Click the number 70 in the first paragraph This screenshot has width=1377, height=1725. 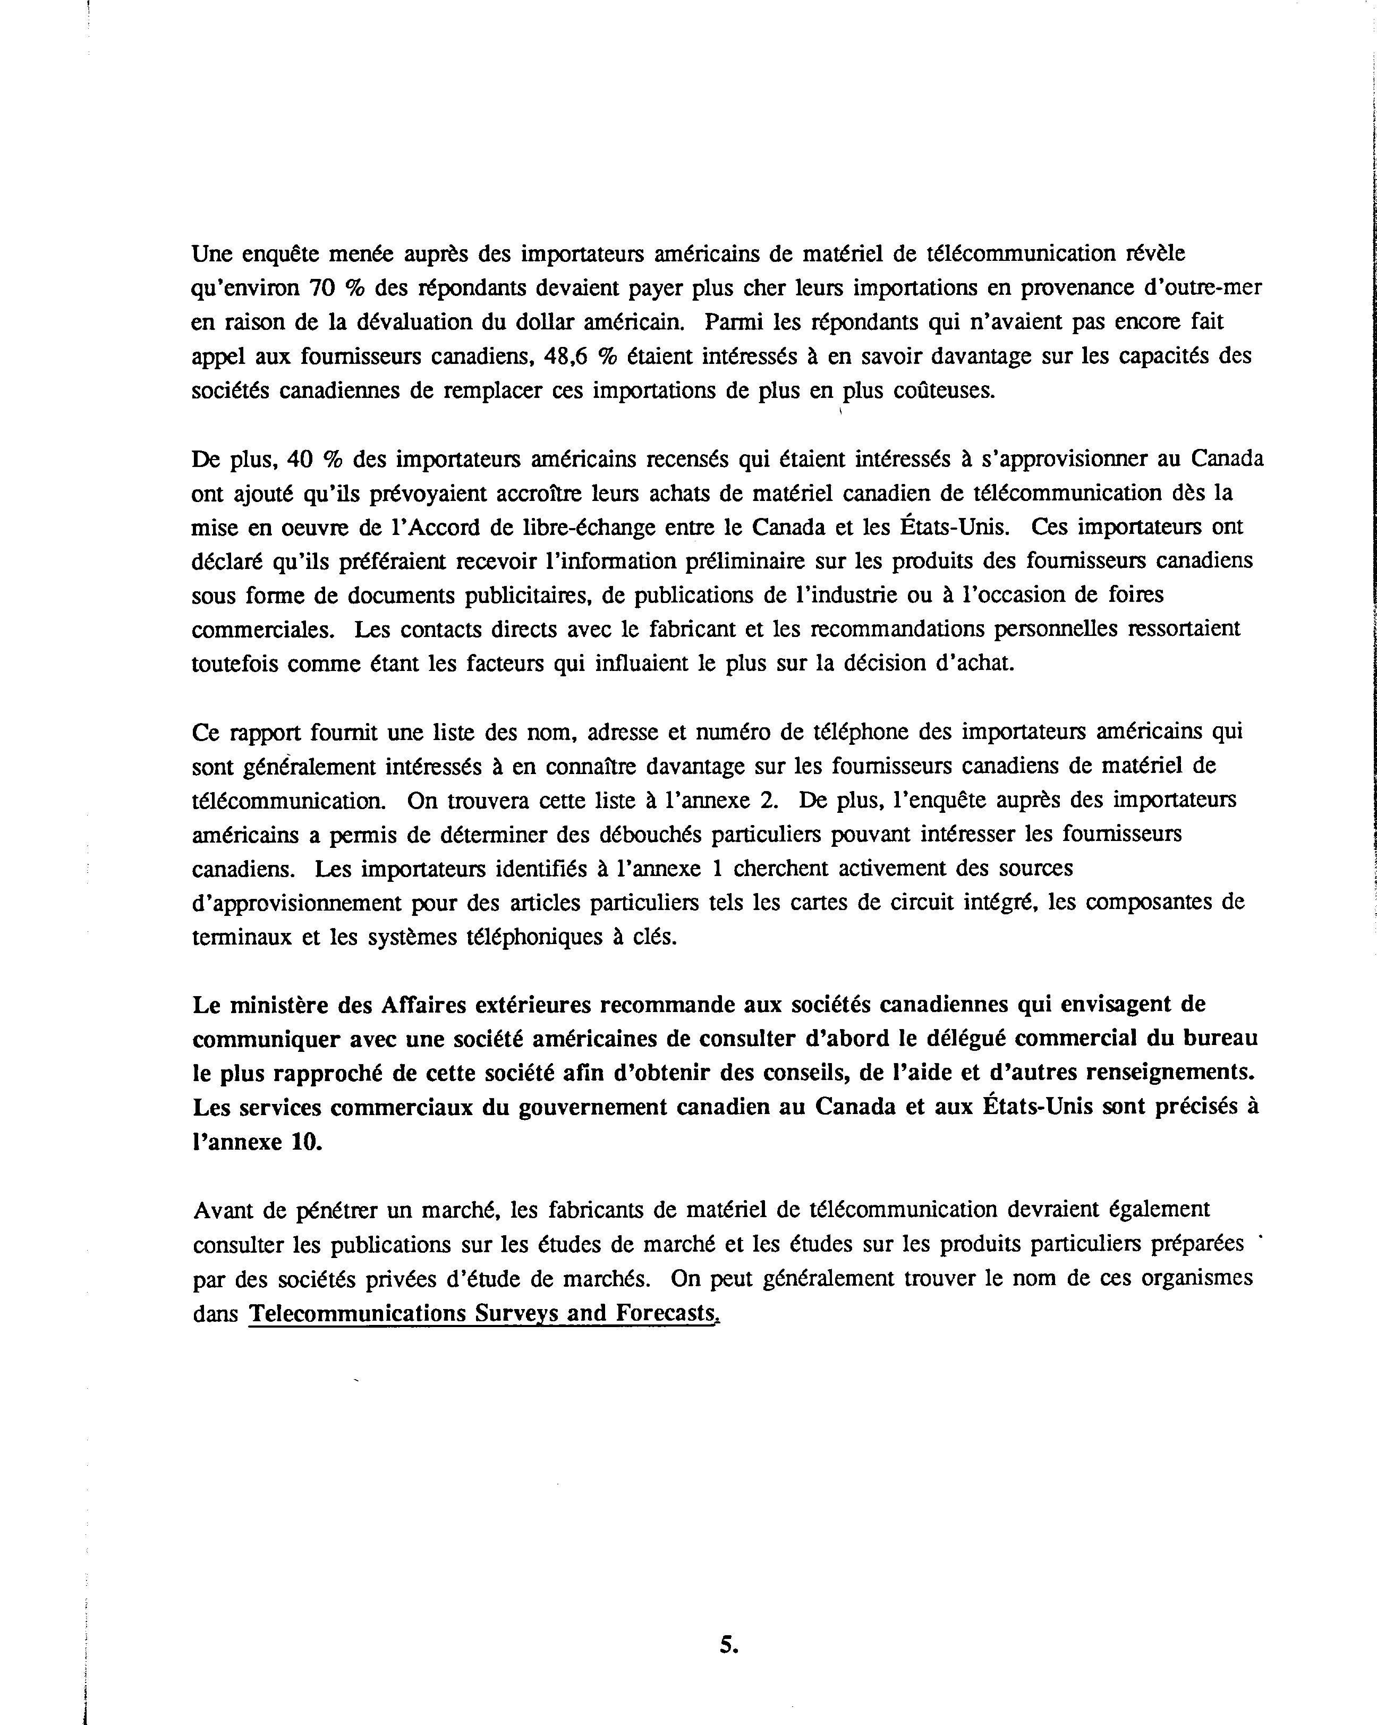[321, 288]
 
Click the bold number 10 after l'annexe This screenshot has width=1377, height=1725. [307, 1142]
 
